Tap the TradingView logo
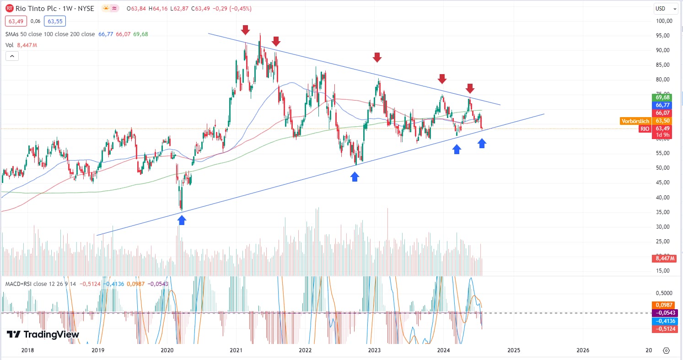(x=43, y=334)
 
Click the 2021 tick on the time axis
(x=236, y=350)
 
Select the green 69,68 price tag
(x=663, y=97)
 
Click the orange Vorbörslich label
(x=635, y=121)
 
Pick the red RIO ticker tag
(x=645, y=129)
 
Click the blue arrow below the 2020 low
(x=182, y=220)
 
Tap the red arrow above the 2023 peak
(x=376, y=57)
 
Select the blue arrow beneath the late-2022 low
(x=355, y=177)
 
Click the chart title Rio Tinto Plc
(x=35, y=9)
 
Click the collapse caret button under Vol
(x=12, y=56)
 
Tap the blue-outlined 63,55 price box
(x=55, y=21)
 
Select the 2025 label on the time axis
(x=514, y=350)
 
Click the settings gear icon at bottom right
(x=666, y=350)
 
